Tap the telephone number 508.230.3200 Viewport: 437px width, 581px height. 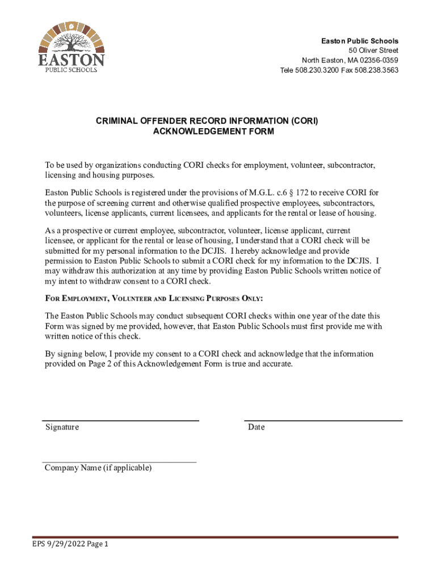point(317,70)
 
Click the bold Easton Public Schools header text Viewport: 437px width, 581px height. point(360,41)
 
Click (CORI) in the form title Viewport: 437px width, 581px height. point(304,121)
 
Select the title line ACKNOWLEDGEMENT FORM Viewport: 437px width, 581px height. point(213,132)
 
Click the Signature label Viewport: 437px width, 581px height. point(62,427)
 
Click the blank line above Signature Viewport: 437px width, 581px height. point(121,420)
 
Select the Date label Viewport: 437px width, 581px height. point(256,427)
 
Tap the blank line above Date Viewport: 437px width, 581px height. point(323,420)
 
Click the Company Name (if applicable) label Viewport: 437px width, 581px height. point(98,468)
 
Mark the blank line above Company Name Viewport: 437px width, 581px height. point(120,462)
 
